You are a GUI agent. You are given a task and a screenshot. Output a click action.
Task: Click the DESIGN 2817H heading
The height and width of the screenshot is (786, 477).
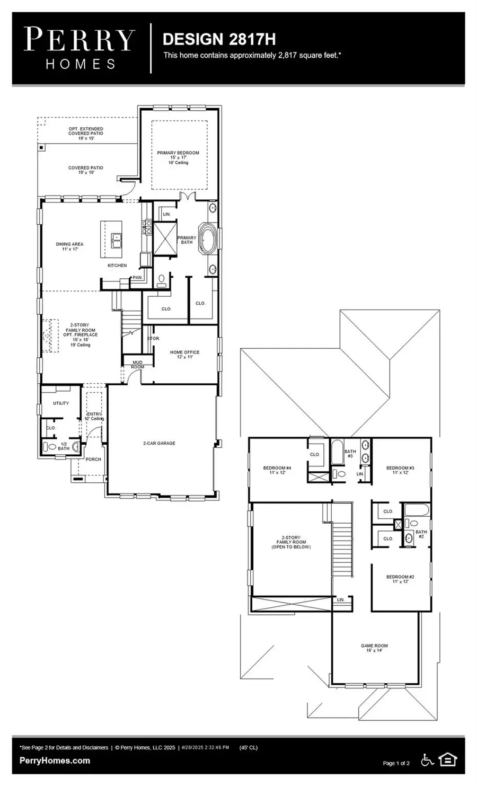tap(218, 39)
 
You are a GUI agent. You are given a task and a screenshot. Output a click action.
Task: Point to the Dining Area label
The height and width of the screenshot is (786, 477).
tap(69, 246)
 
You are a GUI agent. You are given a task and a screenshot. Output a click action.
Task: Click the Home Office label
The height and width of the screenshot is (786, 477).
tap(184, 354)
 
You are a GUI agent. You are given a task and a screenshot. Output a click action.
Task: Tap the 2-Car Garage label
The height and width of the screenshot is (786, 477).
tap(158, 443)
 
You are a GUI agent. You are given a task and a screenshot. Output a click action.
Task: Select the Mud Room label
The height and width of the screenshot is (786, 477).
tap(137, 365)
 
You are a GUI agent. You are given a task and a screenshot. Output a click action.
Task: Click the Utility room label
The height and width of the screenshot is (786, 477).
tap(61, 403)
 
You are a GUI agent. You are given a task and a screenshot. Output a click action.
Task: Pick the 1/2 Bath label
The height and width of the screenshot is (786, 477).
tap(63, 446)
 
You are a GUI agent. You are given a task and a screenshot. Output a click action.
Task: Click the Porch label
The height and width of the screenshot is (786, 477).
tap(93, 459)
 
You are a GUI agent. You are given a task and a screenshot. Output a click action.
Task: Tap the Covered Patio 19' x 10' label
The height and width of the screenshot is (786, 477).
tap(86, 170)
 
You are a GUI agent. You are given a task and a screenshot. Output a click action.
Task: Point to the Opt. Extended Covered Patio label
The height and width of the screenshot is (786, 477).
tap(86, 133)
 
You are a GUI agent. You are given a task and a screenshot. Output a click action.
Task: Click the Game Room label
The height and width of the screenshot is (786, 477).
tap(374, 648)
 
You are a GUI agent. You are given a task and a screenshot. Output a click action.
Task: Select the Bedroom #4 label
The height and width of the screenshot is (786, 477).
tap(277, 470)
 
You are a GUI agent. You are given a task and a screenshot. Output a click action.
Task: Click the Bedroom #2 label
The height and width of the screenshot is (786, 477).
tap(400, 579)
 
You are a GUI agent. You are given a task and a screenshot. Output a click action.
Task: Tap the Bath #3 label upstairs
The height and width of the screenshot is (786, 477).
tap(350, 454)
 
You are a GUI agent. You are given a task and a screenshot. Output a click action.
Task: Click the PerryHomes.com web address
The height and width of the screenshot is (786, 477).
tap(55, 761)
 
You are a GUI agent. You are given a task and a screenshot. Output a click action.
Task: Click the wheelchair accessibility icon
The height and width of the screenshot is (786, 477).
tap(427, 760)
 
